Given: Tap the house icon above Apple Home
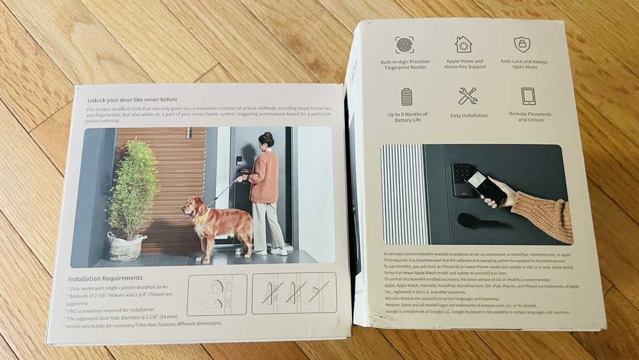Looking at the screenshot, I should click(x=463, y=44).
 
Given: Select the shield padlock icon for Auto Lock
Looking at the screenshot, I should click(x=522, y=44).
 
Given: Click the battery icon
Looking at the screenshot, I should click(x=407, y=97).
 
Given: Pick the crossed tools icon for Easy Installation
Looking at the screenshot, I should click(x=467, y=96).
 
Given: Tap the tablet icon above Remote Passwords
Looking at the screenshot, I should click(x=528, y=96).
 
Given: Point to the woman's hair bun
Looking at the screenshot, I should click(x=268, y=135).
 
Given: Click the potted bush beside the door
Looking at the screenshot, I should click(x=132, y=192).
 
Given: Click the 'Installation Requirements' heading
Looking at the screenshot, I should click(x=105, y=279).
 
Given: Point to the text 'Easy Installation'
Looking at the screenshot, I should click(x=468, y=116).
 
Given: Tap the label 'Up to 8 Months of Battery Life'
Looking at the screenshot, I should click(x=407, y=118).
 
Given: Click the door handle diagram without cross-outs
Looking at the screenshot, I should click(x=217, y=294).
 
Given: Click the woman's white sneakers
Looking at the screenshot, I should click(x=271, y=252).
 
